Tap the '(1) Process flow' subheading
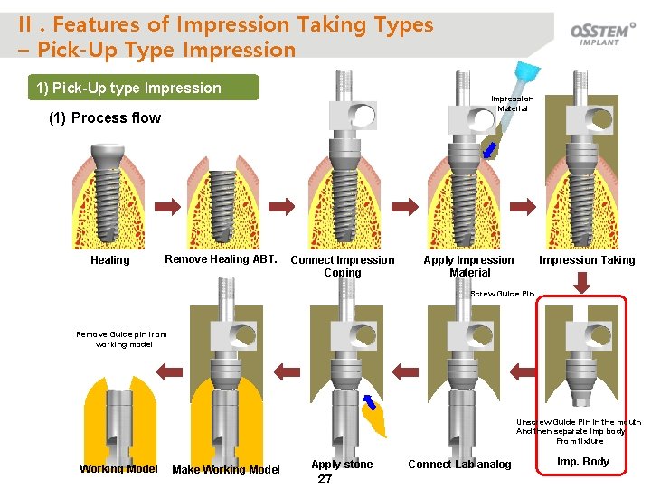[104, 117]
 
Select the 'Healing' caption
[110, 260]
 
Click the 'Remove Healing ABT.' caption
[221, 259]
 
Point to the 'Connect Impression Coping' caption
[342, 266]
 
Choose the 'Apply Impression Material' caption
[469, 266]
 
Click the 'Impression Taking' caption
[587, 260]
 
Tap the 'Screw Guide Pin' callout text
[504, 294]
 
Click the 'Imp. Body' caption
[583, 462]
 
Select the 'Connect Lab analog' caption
[459, 465]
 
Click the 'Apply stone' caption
[342, 465]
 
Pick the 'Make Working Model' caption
[226, 469]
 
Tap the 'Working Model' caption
[118, 468]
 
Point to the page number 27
[325, 480]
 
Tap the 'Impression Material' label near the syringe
[512, 103]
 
